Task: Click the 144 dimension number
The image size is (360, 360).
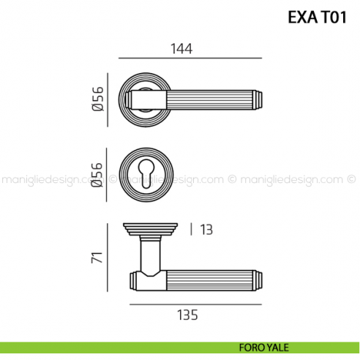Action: [182, 49]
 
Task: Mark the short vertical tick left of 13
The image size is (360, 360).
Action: [192, 230]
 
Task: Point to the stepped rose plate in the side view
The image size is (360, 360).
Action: [150, 229]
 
